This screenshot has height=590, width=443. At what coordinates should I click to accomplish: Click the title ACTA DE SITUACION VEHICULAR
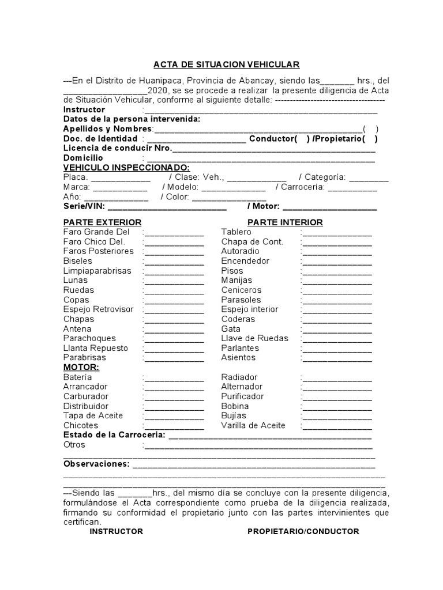point(226,65)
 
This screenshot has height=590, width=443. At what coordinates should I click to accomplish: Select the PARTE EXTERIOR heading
point(102,222)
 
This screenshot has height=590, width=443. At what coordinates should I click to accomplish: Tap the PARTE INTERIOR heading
point(285,222)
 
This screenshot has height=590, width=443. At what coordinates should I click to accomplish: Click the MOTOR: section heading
point(81,367)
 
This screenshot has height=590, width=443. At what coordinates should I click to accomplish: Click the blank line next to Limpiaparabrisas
point(174,271)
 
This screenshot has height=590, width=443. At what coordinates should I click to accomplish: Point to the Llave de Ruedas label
point(254,338)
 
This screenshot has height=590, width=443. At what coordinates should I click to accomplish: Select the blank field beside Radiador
point(337,377)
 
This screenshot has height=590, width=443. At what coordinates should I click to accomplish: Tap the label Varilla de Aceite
point(253,426)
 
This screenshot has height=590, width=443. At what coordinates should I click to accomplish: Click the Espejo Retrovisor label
point(98,309)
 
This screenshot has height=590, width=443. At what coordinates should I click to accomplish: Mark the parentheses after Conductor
point(303,139)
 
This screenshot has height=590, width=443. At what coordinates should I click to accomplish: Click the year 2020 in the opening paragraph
point(158,90)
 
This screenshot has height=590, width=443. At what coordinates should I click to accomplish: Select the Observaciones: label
point(96,464)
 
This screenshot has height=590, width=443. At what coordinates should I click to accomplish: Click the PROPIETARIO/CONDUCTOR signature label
point(303,531)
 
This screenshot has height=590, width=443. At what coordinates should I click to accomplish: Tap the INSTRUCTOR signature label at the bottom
point(116,531)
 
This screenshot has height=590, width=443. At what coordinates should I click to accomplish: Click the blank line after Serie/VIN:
point(167,206)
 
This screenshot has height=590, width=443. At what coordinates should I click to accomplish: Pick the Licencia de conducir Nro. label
point(117,149)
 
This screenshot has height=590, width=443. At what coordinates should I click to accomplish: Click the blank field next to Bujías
point(337,416)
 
